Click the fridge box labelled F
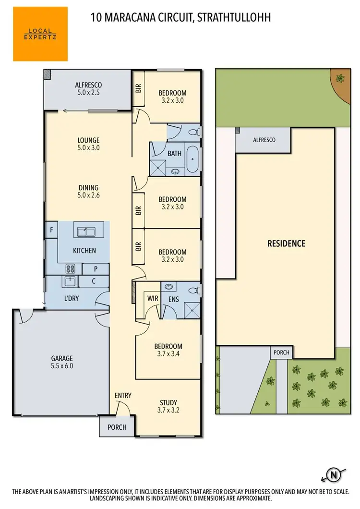point(51,230)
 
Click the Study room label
point(168,402)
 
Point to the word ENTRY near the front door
point(123,395)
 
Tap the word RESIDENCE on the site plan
point(286,243)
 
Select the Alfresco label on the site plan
point(264,140)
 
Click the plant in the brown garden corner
point(340,78)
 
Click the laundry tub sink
point(69,281)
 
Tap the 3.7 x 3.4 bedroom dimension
point(168,354)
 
